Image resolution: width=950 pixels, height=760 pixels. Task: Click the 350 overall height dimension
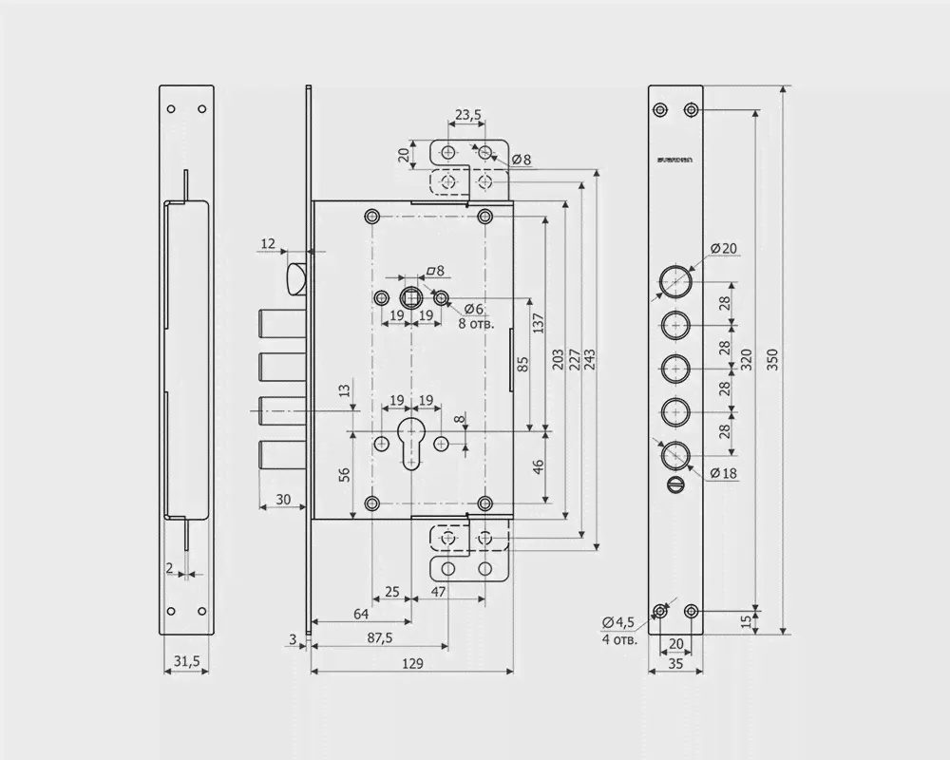pyautogui.click(x=772, y=360)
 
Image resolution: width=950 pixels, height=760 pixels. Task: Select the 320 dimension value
pyautogui.click(x=746, y=360)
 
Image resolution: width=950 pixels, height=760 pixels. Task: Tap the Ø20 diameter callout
pyautogui.click(x=723, y=249)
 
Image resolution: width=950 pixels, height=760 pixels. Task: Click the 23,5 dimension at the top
pyautogui.click(x=467, y=115)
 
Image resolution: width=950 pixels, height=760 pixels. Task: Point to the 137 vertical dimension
pyautogui.click(x=539, y=324)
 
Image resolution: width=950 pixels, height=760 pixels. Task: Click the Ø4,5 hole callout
pyautogui.click(x=618, y=622)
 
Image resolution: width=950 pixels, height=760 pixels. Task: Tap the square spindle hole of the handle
pyautogui.click(x=410, y=295)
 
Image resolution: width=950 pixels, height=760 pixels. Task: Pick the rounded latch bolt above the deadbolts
pyautogui.click(x=294, y=278)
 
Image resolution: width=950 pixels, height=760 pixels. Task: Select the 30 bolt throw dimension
pyautogui.click(x=283, y=500)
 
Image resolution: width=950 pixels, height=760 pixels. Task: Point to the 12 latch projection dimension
pyautogui.click(x=268, y=244)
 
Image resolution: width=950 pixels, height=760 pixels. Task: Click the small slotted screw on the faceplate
pyautogui.click(x=675, y=487)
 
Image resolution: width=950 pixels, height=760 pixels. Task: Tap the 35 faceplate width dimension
pyautogui.click(x=675, y=664)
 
